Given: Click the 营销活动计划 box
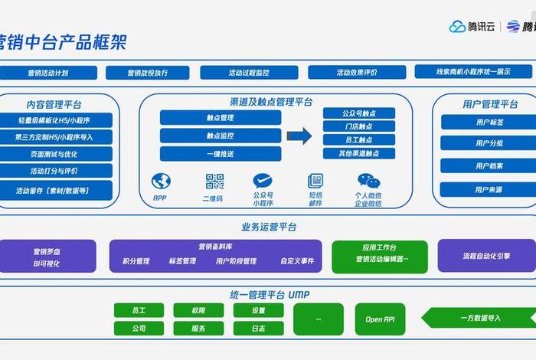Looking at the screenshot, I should click(48, 73).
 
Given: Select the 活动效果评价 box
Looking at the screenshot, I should click(357, 73).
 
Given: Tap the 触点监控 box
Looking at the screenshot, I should click(221, 136).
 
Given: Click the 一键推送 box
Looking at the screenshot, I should click(221, 153).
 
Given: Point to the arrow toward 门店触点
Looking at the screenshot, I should click(299, 136).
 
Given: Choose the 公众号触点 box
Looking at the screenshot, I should click(358, 113).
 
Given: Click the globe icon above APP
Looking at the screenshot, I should click(161, 182).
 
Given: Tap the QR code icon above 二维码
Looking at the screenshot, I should click(214, 182).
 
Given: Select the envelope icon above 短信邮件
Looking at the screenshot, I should click(315, 182).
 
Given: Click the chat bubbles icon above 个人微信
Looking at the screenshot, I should click(368, 182).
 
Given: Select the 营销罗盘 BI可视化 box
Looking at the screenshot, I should click(47, 257).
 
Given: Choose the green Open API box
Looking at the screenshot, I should click(380, 319).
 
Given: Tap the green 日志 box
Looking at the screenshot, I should click(258, 328).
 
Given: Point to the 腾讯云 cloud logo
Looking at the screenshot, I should click(458, 27).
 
